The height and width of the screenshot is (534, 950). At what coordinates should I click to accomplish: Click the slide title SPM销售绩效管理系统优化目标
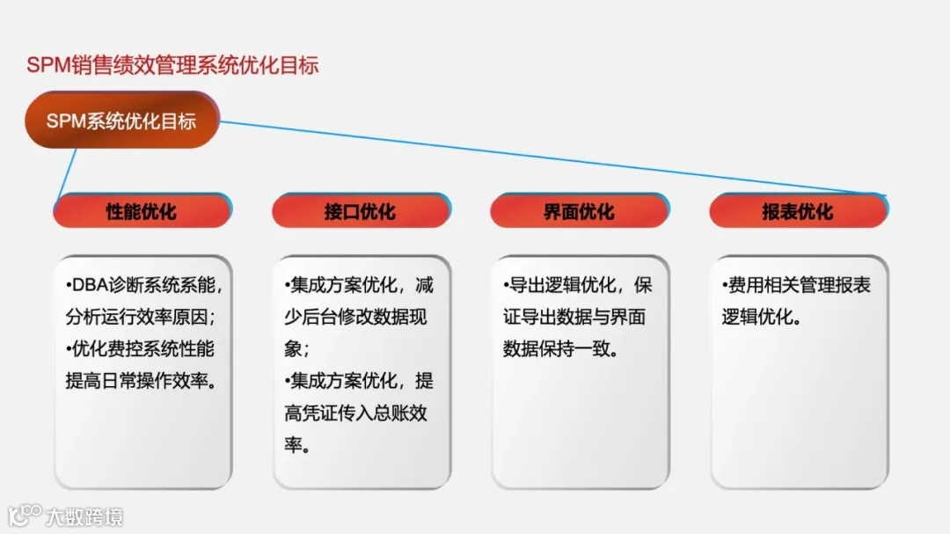(172, 66)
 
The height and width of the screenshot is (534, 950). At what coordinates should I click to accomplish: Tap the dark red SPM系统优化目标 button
(121, 121)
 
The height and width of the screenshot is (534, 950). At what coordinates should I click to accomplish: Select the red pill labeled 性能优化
(142, 212)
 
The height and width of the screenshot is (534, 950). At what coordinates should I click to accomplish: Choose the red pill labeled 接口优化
(360, 212)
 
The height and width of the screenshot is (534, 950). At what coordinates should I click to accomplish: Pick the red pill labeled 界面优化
(579, 212)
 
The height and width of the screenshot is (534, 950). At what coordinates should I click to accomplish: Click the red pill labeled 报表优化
(798, 212)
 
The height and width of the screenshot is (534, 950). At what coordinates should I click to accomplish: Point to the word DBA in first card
(88, 286)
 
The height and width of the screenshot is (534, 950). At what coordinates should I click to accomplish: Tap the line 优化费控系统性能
(141, 348)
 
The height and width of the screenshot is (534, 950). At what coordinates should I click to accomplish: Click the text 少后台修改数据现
(355, 317)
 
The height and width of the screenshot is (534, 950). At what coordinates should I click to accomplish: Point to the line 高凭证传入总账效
(355, 413)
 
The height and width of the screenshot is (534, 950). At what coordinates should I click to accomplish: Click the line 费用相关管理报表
(796, 286)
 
